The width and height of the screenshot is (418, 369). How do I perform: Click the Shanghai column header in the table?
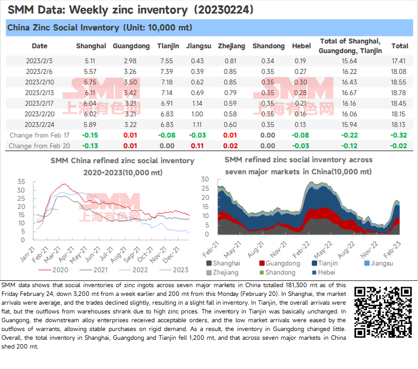click(91, 46)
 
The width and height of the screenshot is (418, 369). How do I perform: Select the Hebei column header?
click(301, 46)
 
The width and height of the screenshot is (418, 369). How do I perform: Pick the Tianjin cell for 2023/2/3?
click(166, 61)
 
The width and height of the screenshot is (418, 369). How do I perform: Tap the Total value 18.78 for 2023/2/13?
click(398, 93)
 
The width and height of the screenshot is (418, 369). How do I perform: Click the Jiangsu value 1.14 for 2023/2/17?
click(197, 103)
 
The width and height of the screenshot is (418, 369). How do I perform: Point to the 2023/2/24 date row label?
click(39, 125)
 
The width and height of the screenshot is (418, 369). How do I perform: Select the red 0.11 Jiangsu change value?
click(197, 146)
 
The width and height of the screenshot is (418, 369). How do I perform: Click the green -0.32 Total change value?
click(399, 135)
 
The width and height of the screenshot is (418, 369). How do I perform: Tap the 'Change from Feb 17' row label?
click(39, 136)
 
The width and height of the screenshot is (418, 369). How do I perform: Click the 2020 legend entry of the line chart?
click(54, 270)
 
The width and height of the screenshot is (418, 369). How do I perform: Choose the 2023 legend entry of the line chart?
click(174, 270)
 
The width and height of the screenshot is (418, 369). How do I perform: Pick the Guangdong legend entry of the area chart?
click(280, 263)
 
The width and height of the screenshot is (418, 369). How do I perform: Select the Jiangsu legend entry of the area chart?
click(379, 263)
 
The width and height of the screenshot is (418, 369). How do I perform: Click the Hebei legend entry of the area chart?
click(324, 272)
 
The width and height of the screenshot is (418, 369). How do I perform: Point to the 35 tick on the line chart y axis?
click(21, 182)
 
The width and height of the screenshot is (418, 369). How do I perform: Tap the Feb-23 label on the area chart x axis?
click(392, 249)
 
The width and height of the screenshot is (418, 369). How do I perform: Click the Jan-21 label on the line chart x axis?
click(27, 254)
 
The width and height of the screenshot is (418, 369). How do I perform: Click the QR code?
click(383, 312)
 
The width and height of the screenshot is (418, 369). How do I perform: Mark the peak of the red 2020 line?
click(63, 184)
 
